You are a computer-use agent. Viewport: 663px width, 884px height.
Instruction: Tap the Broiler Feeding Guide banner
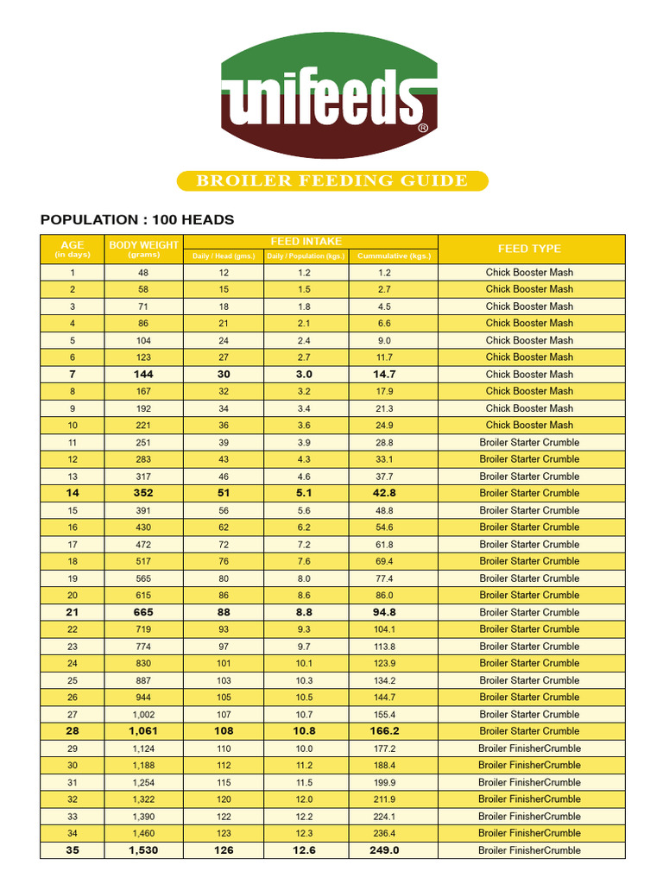point(332,180)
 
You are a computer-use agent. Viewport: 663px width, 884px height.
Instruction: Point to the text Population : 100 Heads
point(137,220)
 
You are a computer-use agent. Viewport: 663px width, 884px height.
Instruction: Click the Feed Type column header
point(529,249)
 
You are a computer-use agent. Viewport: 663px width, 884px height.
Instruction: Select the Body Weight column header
point(143,245)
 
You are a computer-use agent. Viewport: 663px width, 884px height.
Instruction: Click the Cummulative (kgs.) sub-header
point(393,256)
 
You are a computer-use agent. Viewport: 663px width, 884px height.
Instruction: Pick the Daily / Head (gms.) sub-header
point(224,256)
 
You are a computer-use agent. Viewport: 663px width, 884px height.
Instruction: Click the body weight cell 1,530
point(143,850)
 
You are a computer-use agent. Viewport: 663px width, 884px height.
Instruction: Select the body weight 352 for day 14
point(143,493)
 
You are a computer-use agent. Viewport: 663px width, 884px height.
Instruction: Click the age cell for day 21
point(73,612)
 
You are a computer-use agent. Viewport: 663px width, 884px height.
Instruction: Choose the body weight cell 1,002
point(143,714)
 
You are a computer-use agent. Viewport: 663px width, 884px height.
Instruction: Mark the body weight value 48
point(143,272)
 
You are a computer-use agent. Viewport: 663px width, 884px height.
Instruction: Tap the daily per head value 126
point(224,850)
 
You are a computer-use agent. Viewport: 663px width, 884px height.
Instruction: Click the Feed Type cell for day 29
point(529,748)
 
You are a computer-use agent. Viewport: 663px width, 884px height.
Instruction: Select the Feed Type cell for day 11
point(529,442)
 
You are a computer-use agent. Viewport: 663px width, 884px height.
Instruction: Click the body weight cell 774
point(143,646)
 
